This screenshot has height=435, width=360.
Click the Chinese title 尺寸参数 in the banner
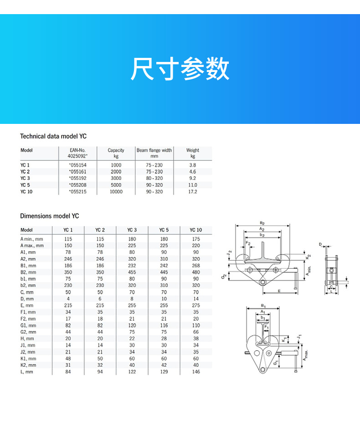coord(180,70)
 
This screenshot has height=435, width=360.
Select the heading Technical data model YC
coord(53,136)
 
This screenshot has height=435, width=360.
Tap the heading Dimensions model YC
coord(49,216)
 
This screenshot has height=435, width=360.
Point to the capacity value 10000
coord(116,192)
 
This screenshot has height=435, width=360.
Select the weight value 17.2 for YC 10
coord(193,192)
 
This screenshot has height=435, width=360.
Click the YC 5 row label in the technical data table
coord(26,185)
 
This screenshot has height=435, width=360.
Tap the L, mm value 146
coord(196,372)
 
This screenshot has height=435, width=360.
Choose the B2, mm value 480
coord(196,272)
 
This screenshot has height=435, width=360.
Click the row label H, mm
coord(27,339)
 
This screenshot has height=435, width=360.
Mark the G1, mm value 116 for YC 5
coord(164,326)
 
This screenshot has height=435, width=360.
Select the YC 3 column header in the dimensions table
coord(132,230)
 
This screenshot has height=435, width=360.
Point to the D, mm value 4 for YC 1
coord(68,299)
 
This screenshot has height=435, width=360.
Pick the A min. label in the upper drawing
coord(309,271)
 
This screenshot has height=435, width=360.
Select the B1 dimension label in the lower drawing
coord(263,306)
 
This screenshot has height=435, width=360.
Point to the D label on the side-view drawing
coord(320,245)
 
